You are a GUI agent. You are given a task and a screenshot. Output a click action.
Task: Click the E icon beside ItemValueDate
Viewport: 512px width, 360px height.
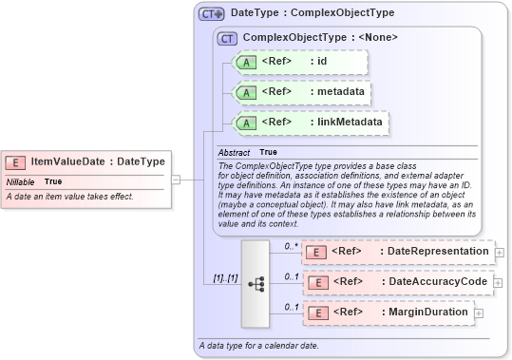17,161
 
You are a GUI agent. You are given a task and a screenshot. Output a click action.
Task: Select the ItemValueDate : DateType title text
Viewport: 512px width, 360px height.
98,161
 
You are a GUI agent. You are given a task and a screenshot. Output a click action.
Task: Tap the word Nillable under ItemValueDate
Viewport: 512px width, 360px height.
21,181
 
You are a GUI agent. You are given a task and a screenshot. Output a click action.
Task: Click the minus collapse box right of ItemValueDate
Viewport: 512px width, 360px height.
176,178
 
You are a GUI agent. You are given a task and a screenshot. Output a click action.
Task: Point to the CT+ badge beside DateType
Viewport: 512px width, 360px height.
211,14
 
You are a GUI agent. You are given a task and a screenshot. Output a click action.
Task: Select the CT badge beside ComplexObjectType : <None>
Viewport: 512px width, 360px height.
227,39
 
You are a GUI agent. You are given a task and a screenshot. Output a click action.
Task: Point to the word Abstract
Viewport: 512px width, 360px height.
234,153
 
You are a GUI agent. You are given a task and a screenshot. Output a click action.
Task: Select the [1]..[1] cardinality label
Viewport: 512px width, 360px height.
223,279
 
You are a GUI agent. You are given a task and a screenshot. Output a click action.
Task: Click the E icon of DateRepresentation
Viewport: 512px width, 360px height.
318,251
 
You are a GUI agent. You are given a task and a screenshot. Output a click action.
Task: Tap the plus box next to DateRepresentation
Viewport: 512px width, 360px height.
500,252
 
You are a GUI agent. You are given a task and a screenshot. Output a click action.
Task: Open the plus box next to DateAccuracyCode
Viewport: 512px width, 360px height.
500,282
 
